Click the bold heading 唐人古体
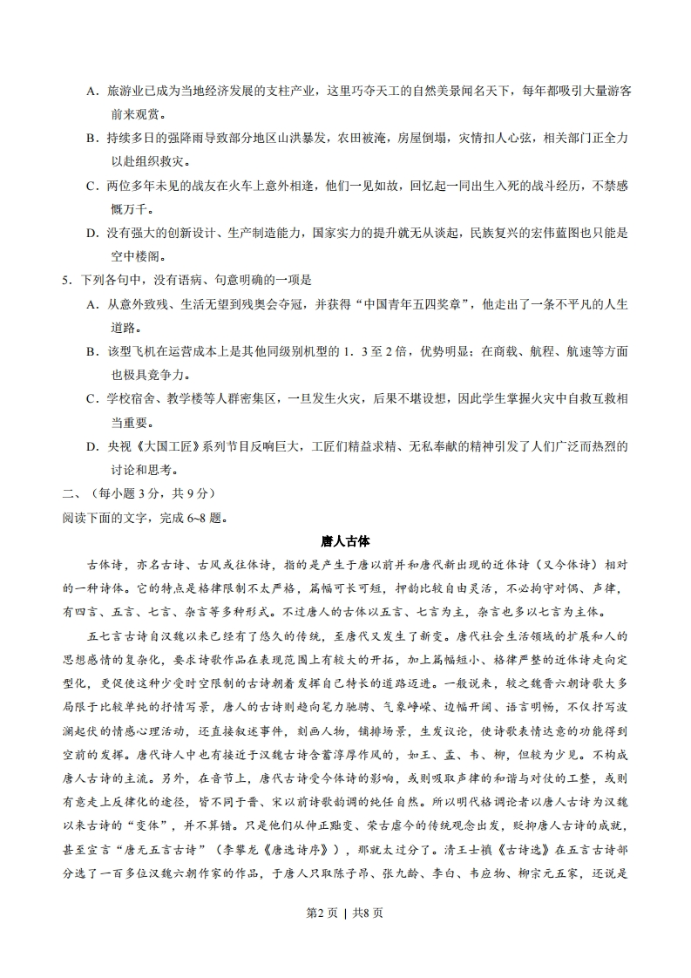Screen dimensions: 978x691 point(345,541)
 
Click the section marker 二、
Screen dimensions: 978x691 point(71,493)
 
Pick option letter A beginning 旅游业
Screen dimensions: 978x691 point(91,91)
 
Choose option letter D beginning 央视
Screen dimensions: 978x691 point(91,447)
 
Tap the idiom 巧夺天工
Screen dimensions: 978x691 point(366,91)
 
